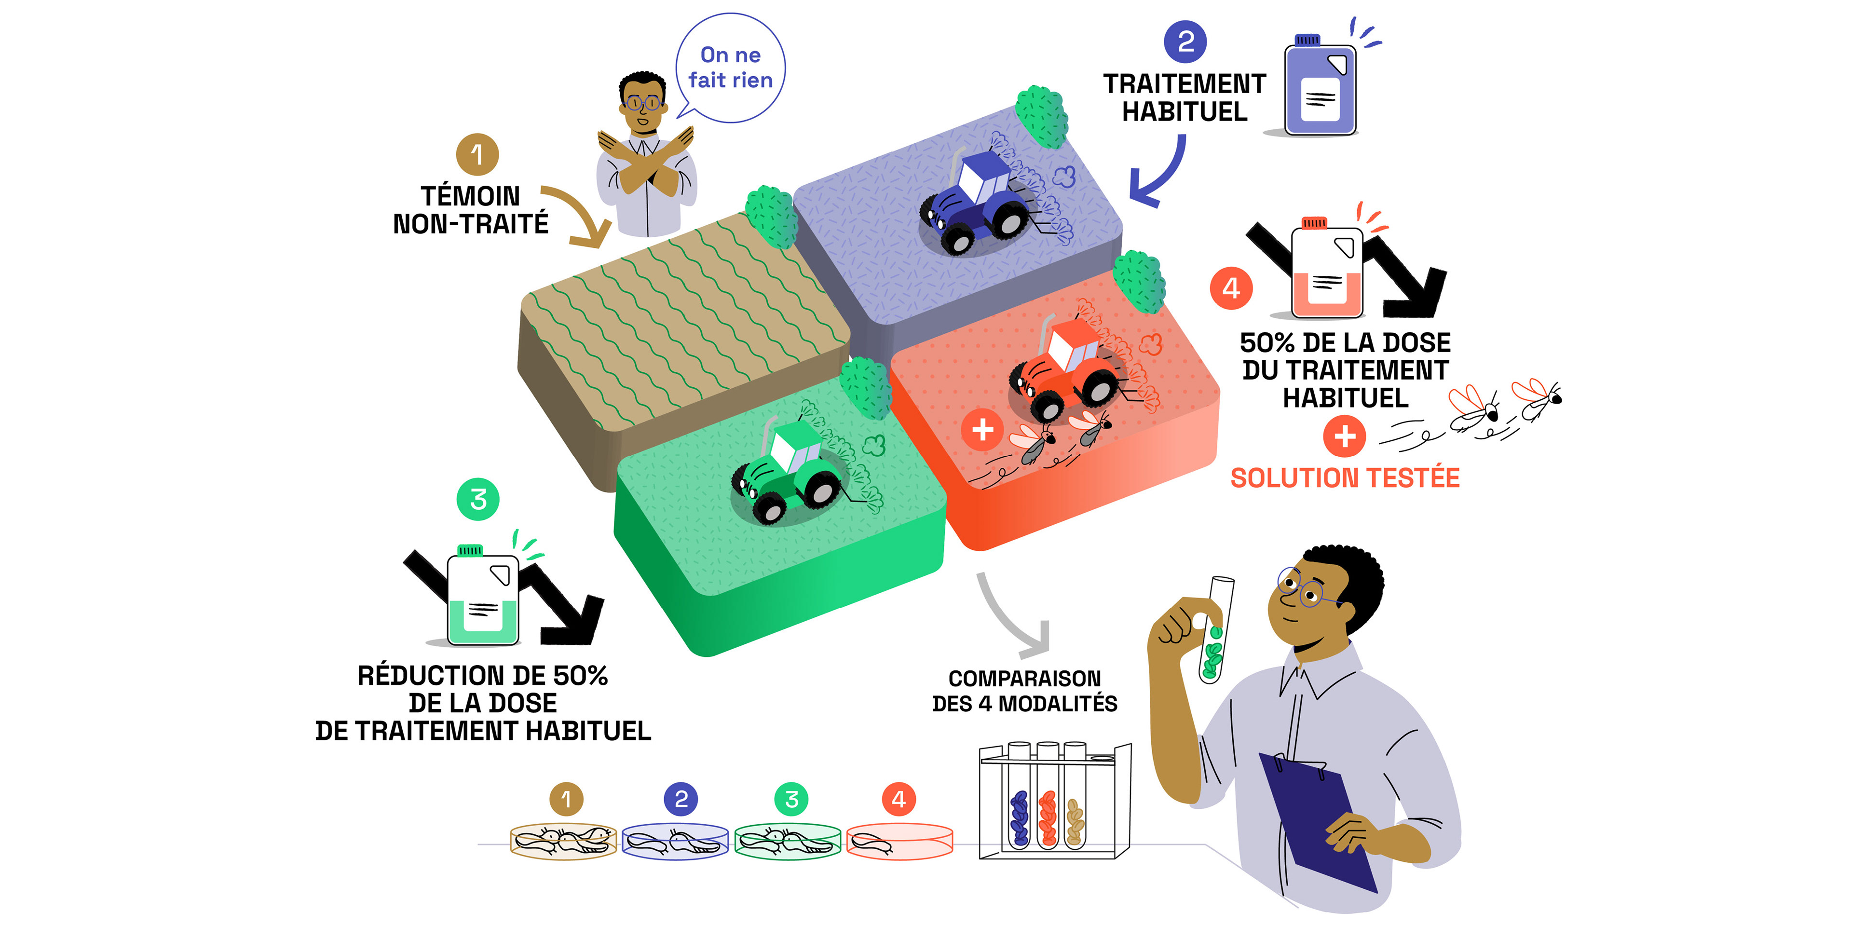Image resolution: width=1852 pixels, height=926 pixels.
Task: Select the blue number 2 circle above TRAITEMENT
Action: click(x=1185, y=41)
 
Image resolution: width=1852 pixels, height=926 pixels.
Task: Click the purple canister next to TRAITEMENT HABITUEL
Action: click(x=1320, y=85)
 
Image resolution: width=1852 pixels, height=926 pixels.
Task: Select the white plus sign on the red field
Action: click(x=982, y=430)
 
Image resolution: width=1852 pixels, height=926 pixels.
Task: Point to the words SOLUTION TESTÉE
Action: click(x=1345, y=478)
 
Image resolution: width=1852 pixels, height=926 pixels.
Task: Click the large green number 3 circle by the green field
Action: click(x=478, y=500)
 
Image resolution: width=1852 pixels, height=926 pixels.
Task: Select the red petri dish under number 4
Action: click(x=899, y=841)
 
